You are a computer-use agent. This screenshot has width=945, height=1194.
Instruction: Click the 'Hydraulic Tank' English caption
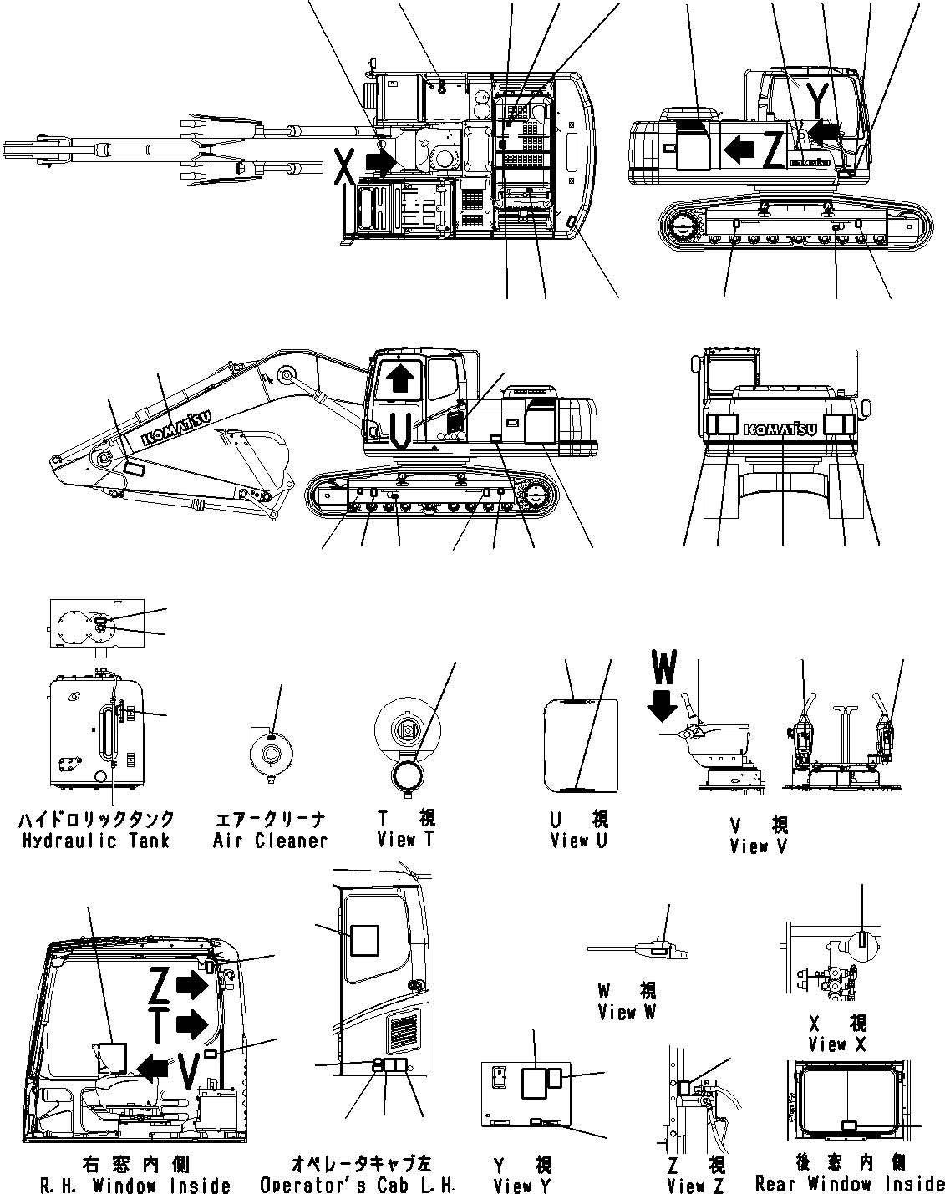tap(97, 841)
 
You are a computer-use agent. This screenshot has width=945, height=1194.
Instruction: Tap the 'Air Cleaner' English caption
tap(270, 841)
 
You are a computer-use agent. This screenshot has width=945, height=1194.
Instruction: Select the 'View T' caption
tap(405, 840)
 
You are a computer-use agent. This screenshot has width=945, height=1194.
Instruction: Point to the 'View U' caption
tap(579, 841)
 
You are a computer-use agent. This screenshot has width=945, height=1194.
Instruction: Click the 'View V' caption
tap(759, 846)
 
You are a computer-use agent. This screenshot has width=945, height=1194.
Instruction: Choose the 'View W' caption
tap(627, 1012)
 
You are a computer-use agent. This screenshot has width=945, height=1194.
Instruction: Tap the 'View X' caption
tap(838, 1044)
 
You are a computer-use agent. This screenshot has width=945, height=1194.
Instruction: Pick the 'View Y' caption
tap(522, 1185)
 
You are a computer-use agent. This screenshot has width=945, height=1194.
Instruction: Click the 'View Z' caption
tap(696, 1185)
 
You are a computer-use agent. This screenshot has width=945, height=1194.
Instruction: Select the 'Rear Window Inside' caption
tap(849, 1183)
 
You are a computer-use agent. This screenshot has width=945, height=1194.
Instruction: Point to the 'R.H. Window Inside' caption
tap(135, 1185)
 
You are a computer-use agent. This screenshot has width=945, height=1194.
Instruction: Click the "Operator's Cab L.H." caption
tap(357, 1185)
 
